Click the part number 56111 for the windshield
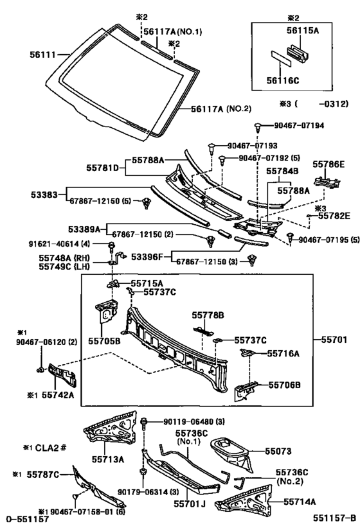[x=43, y=54]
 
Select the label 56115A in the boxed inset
[x=302, y=31]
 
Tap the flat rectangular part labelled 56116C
[x=281, y=59]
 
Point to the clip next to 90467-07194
[x=258, y=127]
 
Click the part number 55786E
[x=328, y=164]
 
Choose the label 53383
[x=44, y=194]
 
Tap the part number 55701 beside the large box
[x=334, y=340]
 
